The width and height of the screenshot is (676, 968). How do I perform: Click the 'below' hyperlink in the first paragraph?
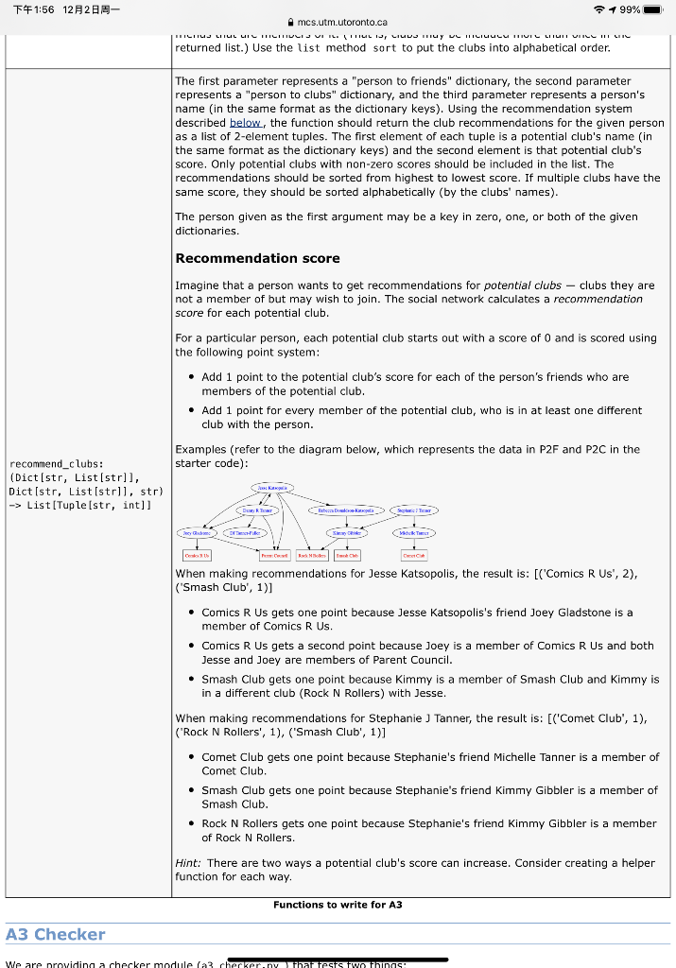coord(246,123)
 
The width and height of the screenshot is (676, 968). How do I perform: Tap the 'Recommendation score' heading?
coord(257,258)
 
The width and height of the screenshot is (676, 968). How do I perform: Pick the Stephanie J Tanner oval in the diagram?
coord(413,510)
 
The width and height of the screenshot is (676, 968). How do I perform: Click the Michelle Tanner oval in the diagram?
coord(414,533)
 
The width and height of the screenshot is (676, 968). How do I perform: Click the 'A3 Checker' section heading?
coord(55,934)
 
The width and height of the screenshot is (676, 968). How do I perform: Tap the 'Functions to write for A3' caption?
coord(338,905)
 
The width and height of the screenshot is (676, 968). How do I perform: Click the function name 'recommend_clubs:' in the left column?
coord(56,464)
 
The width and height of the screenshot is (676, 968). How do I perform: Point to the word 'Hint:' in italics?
coord(188,863)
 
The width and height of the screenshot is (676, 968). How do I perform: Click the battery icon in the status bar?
coord(653,9)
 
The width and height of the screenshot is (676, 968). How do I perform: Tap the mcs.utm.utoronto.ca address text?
coord(341,22)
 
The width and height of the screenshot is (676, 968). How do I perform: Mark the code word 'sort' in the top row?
coord(384,47)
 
